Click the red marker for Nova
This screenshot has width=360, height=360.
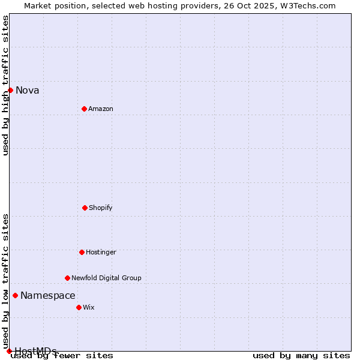[10, 90]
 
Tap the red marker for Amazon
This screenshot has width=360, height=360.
[84, 109]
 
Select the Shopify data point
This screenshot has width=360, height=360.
[85, 208]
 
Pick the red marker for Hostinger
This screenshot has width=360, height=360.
[82, 252]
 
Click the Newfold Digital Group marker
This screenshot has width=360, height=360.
[67, 278]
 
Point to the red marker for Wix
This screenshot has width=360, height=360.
[79, 307]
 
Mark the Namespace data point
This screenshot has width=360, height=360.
[15, 295]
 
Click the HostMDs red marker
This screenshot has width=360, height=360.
[9, 351]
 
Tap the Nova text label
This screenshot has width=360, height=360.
[28, 91]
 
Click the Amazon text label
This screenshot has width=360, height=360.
[101, 109]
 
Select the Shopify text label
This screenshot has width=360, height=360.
[101, 208]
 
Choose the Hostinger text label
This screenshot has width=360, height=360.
[101, 252]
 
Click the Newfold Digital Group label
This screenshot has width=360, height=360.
[107, 278]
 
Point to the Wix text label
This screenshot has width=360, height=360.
[89, 307]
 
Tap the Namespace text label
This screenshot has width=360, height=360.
[48, 295]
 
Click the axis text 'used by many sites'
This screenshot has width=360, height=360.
[301, 355]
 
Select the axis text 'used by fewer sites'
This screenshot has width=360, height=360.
[62, 355]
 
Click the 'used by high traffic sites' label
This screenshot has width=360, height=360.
[5, 85]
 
